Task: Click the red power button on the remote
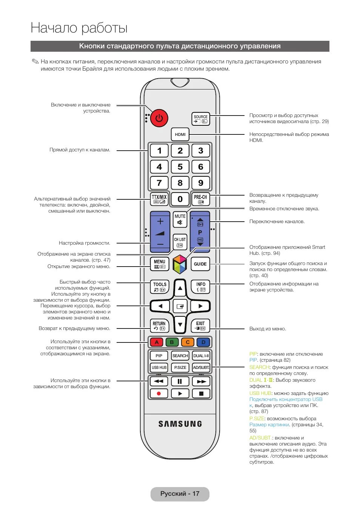coord(159,118)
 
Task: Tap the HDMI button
coord(180,134)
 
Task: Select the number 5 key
coord(180,167)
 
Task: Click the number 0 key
coord(180,199)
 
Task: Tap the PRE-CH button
coord(200,199)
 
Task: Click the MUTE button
coord(180,219)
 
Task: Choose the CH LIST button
coord(180,242)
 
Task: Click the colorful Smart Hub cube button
coord(180,264)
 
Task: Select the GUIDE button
coord(200,264)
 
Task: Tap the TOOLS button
coord(160,287)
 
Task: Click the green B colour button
coord(172,342)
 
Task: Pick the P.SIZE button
coord(180,367)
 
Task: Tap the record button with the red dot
coord(159,393)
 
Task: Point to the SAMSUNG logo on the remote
coord(180,424)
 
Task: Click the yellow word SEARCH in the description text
coord(259,367)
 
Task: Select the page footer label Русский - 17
coord(180,493)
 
